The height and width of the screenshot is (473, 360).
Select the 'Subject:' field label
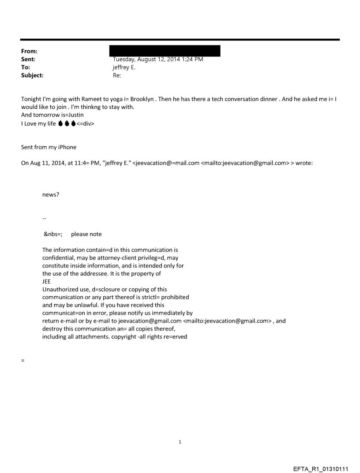pos(32,75)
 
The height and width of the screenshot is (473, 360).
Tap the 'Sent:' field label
pos(28,59)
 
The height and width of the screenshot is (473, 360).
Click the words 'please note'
pos(86,234)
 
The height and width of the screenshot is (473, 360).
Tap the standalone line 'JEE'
pos(47,281)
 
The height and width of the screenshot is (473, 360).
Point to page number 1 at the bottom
pos(180,442)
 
